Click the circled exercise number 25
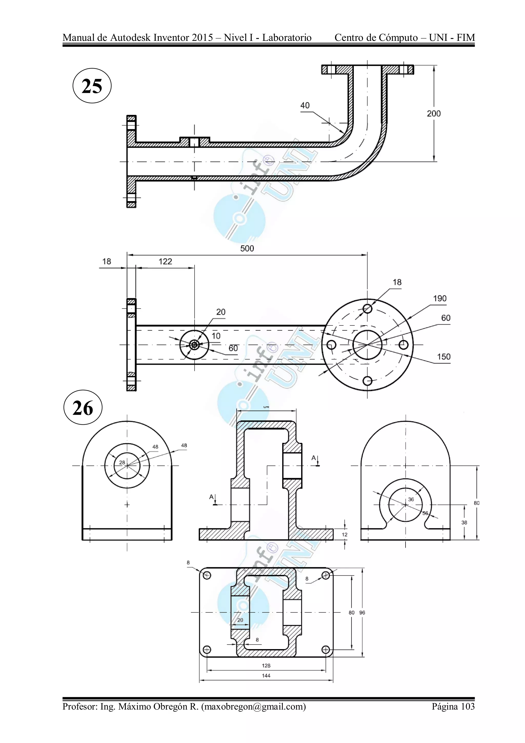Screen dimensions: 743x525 92,86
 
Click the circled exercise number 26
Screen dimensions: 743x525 83,408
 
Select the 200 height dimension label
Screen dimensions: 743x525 433,114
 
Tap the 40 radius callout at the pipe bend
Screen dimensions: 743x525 305,105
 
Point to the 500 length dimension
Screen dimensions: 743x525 247,249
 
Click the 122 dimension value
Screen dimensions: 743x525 165,262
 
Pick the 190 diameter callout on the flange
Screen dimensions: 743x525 440,298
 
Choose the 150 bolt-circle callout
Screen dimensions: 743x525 443,356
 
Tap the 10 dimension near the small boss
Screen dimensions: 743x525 216,336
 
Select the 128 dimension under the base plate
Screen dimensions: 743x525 266,666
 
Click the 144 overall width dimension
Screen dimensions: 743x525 266,676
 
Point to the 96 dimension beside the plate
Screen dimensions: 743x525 362,613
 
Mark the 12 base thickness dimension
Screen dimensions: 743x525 345,534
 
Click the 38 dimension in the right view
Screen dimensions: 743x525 464,522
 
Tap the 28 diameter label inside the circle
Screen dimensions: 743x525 122,462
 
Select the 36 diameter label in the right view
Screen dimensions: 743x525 411,499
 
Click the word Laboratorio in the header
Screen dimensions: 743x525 287,38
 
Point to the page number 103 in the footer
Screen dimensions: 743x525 468,706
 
